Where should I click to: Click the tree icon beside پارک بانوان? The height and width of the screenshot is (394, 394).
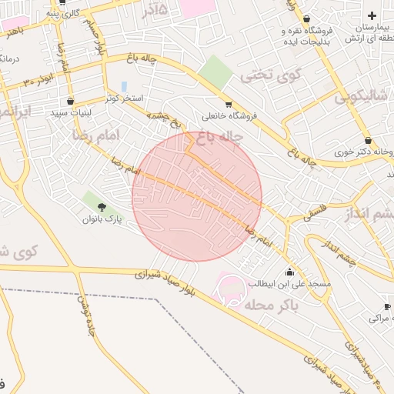pyautogui.click(x=102, y=206)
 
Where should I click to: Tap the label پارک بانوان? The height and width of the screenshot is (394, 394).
pyautogui.click(x=102, y=219)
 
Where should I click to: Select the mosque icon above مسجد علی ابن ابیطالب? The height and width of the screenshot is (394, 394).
pyautogui.click(x=289, y=272)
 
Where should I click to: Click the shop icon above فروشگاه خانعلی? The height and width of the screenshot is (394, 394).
pyautogui.click(x=229, y=105)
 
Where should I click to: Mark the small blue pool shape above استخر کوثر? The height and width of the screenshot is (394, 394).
pyautogui.click(x=124, y=86)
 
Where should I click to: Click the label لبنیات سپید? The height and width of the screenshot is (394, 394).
pyautogui.click(x=70, y=113)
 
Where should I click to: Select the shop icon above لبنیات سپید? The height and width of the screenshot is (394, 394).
pyautogui.click(x=70, y=101)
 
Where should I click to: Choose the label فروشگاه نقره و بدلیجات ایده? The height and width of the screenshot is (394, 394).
pyautogui.click(x=307, y=35)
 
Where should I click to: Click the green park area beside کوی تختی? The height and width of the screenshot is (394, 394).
pyautogui.click(x=215, y=72)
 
